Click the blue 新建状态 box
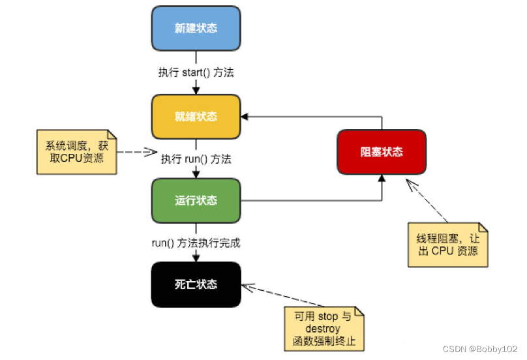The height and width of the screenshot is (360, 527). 196,29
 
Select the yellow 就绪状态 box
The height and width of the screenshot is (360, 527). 196,117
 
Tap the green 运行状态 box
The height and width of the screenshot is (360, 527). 196,200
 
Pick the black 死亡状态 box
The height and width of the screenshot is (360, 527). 196,284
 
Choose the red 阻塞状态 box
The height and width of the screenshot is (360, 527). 382,152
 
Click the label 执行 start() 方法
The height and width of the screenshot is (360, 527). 196,72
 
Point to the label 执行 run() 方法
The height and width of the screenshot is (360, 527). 196,158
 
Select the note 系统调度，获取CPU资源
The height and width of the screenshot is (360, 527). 77,152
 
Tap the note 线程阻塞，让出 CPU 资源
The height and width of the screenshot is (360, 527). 448,244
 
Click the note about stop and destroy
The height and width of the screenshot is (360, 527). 324,330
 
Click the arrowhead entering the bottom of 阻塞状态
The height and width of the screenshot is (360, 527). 382,179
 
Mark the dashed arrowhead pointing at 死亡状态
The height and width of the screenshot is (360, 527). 247,286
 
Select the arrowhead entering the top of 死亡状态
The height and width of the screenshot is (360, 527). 196,258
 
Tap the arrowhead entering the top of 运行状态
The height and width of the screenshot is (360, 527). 196,175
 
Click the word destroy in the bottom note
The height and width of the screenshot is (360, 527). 324,329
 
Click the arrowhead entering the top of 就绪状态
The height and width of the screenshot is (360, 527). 196,91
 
